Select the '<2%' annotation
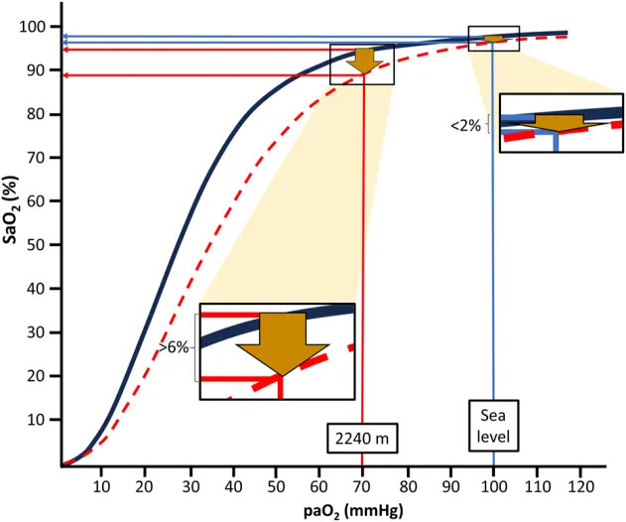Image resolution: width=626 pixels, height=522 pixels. (x=465, y=126)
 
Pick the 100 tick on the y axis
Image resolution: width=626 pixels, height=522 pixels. (x=40, y=27)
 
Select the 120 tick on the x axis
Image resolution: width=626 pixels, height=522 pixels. (x=581, y=485)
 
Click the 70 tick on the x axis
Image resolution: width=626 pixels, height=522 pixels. (x=363, y=485)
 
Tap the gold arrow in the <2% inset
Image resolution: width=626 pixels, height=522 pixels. (x=558, y=122)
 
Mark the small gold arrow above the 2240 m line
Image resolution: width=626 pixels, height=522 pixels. (x=364, y=61)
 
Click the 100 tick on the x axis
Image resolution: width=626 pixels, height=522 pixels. (x=494, y=485)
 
